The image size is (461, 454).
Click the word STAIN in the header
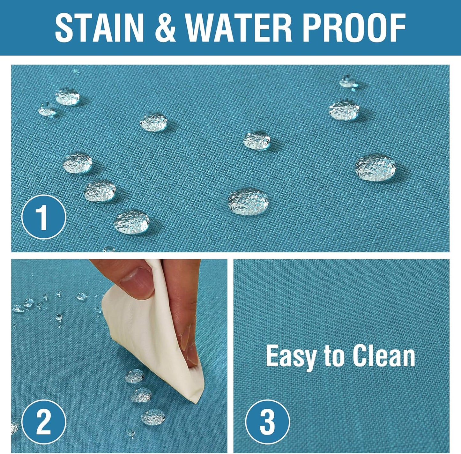point(99,28)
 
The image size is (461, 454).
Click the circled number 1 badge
point(44,217)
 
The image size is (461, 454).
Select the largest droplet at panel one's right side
point(375,167)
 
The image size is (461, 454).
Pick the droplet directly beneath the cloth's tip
point(153,417)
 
